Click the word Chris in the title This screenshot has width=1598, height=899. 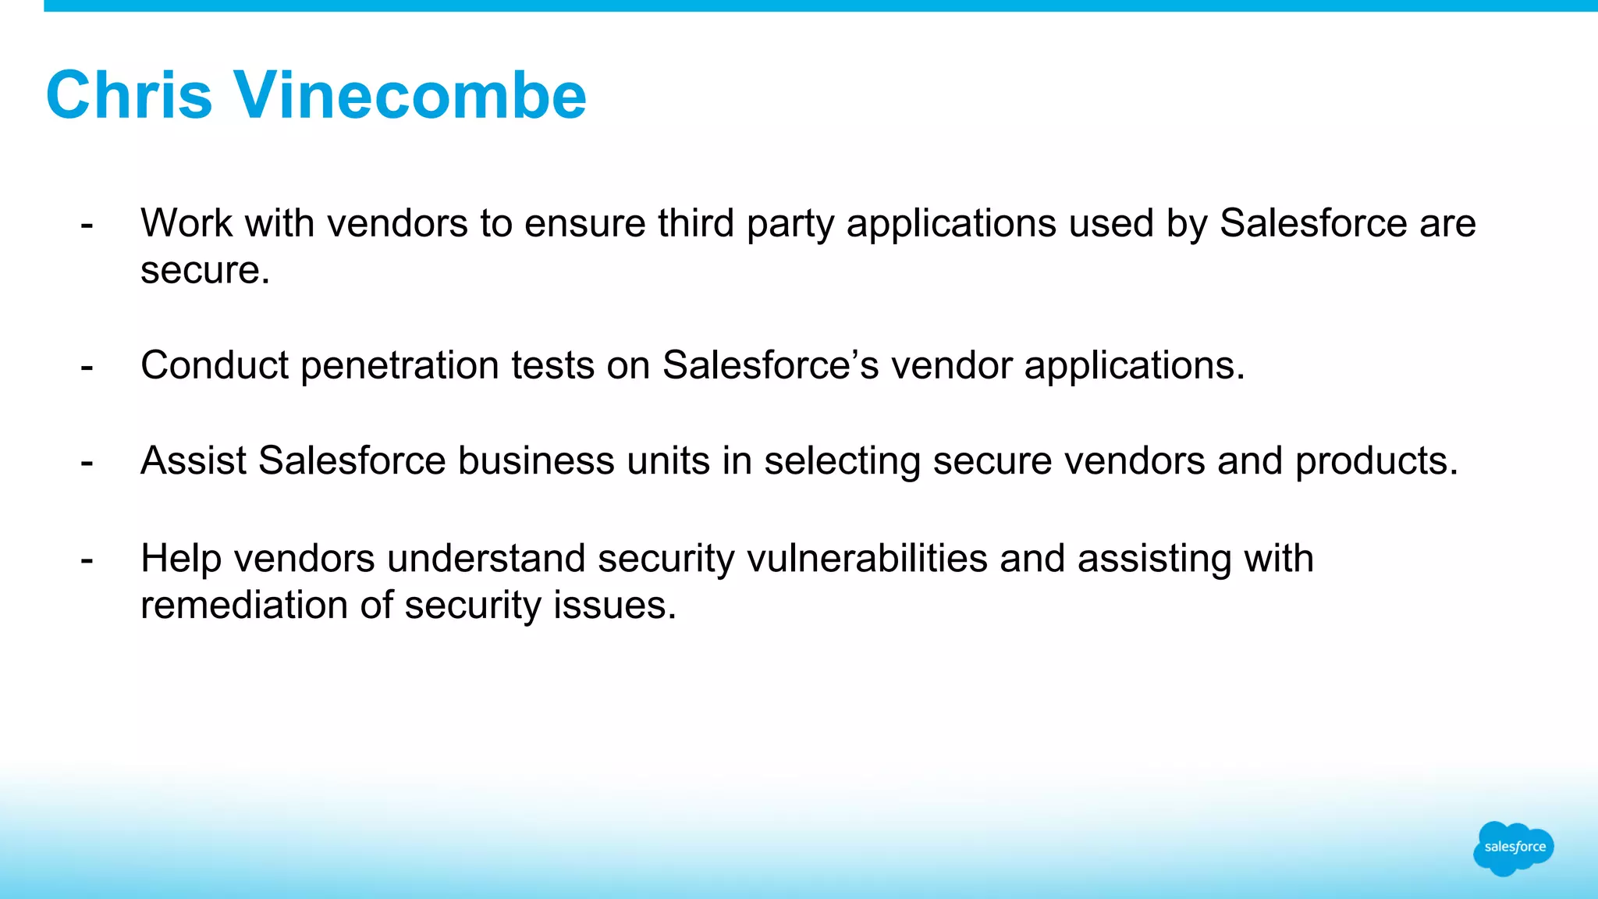click(129, 95)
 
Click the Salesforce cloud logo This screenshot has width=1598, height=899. click(1513, 847)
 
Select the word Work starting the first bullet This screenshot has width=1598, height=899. click(186, 223)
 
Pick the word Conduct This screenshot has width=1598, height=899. click(215, 365)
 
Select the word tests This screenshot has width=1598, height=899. click(552, 365)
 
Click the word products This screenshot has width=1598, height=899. click(1376, 462)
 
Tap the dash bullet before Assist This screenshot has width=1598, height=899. click(87, 462)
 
